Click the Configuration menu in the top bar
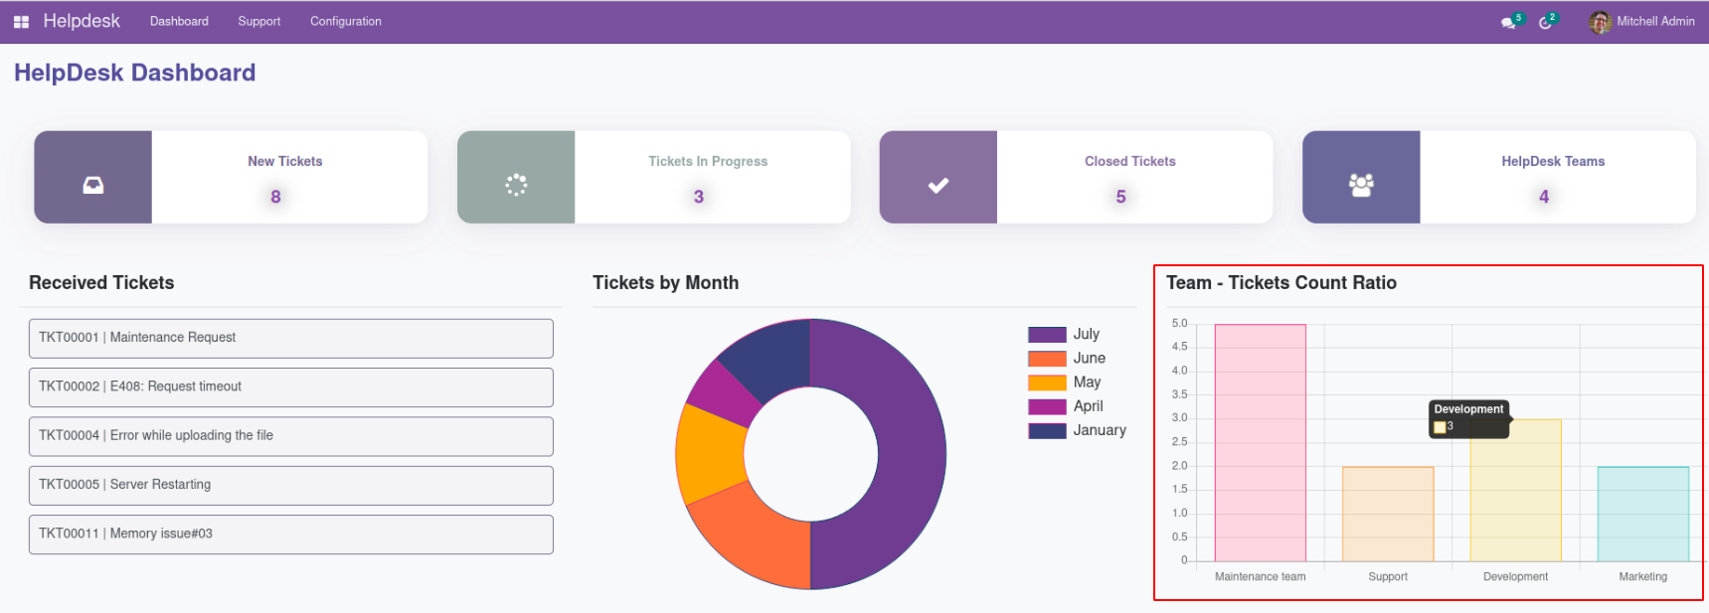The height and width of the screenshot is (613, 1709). (345, 21)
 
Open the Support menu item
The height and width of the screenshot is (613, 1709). (258, 21)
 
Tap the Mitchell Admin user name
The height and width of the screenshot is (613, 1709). (1654, 21)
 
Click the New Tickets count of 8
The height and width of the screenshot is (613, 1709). (275, 197)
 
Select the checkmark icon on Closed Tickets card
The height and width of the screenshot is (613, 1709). (938, 185)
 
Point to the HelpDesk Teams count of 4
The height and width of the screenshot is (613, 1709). (1543, 197)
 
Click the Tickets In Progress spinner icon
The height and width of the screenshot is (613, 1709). (516, 185)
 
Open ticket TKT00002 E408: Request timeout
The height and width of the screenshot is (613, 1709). (290, 386)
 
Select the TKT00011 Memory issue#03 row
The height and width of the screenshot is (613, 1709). (290, 534)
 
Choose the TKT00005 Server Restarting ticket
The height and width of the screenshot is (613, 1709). (290, 485)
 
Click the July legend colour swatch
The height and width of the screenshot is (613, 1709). (1047, 335)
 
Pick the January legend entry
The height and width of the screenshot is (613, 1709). (1099, 430)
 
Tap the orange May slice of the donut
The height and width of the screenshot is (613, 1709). (708, 454)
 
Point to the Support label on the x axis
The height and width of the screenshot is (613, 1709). (1387, 576)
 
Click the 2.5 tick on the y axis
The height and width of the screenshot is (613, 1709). (1179, 442)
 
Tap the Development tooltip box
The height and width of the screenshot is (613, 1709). (1468, 418)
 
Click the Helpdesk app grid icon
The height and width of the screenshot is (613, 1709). (21, 22)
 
